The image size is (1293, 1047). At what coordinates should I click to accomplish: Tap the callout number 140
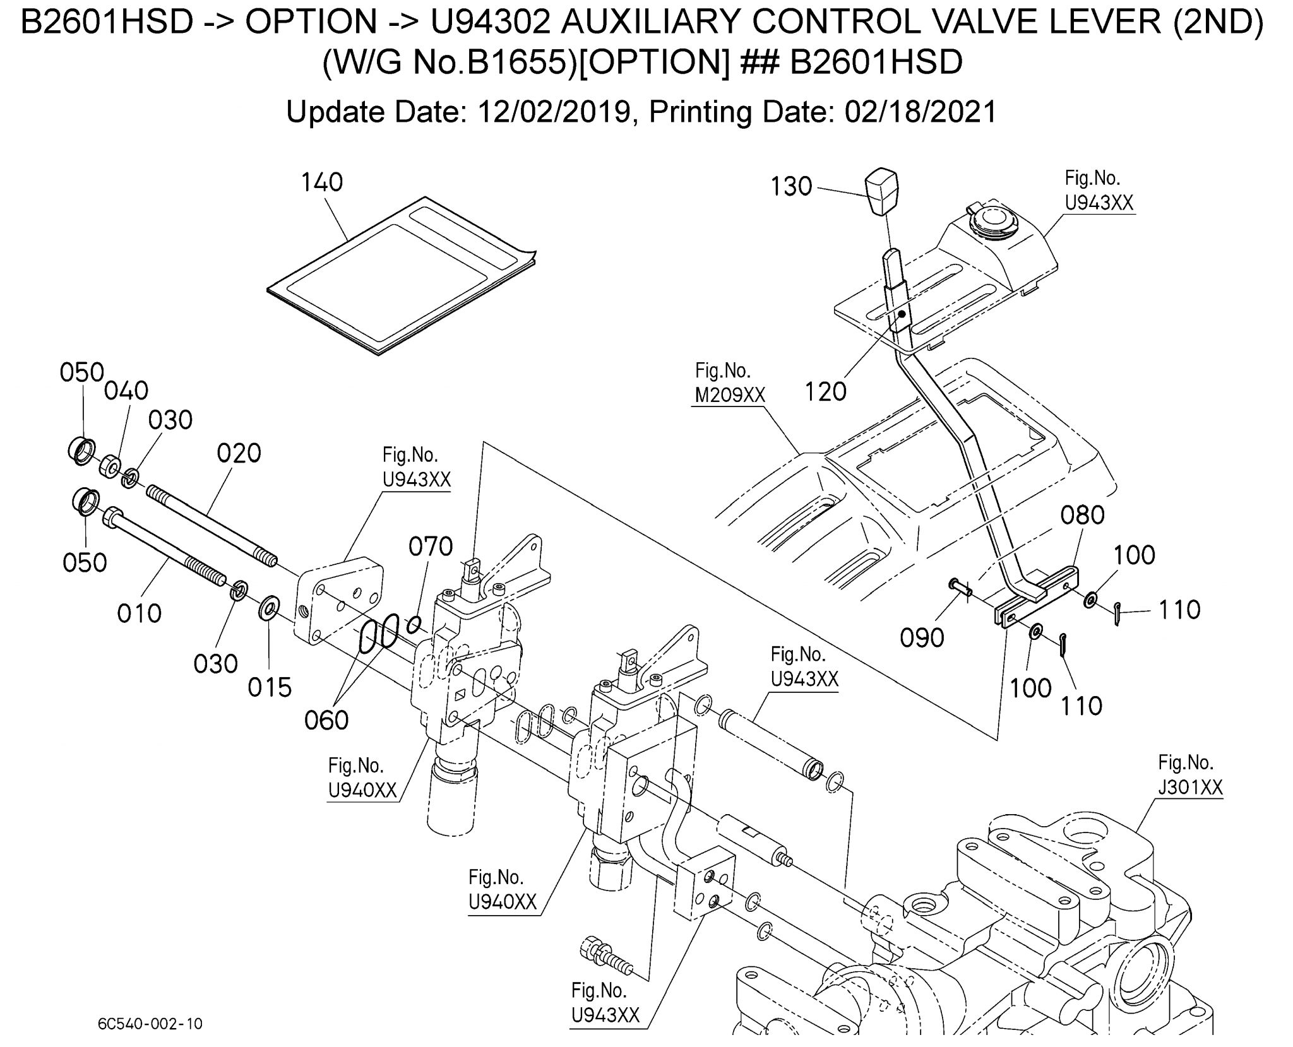(321, 182)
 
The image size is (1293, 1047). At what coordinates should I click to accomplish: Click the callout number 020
(239, 453)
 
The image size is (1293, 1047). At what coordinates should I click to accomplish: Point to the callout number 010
(139, 613)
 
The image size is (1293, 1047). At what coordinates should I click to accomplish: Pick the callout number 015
(270, 687)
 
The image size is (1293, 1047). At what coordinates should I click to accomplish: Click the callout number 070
(431, 546)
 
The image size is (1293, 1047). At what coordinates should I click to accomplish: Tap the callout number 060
(326, 720)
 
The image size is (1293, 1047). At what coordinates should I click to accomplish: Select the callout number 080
(1082, 515)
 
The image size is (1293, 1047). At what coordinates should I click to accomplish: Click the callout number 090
(922, 638)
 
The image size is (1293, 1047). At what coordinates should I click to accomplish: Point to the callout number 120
(825, 392)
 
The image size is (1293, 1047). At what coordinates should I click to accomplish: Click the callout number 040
(126, 391)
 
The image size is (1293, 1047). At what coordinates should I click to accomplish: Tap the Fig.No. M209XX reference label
(729, 383)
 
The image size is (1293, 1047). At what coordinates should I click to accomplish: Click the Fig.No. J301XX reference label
(1190, 775)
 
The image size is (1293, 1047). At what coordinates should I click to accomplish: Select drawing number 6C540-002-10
(150, 1024)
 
